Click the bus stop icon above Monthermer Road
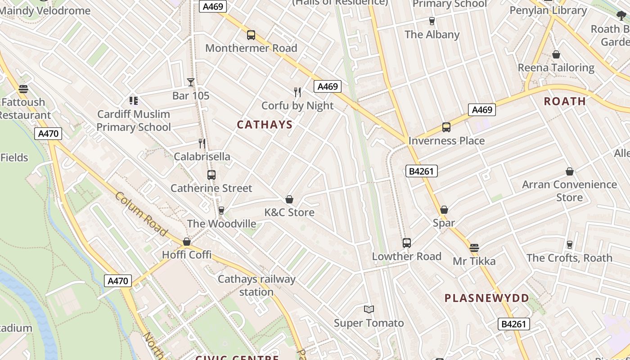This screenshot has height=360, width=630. tap(251, 35)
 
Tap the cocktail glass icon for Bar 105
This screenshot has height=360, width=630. tap(191, 82)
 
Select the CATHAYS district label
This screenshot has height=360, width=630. tap(265, 125)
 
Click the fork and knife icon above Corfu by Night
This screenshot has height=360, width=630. tap(297, 92)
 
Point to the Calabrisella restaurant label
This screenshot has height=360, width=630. tap(202, 157)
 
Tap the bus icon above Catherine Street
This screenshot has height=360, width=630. tap(211, 175)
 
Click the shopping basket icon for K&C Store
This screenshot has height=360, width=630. tap(289, 199)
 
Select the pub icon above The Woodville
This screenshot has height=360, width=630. tap(221, 211)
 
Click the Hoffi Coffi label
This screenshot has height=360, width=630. tap(187, 255)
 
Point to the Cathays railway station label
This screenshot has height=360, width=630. tap(256, 285)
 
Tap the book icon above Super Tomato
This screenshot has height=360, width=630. tap(369, 310)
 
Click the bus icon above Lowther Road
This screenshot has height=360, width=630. tap(407, 243)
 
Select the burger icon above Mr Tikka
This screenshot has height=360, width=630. tap(474, 248)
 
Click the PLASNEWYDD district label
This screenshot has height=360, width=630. tap(487, 298)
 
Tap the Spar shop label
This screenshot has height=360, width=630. tap(444, 223)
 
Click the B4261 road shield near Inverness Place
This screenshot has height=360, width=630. tap(421, 171)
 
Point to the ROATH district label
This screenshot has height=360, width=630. tap(565, 101)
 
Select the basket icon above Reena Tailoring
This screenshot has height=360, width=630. tap(556, 55)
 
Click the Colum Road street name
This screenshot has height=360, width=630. tap(141, 214)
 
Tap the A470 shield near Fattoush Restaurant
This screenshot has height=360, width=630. tap(48, 134)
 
